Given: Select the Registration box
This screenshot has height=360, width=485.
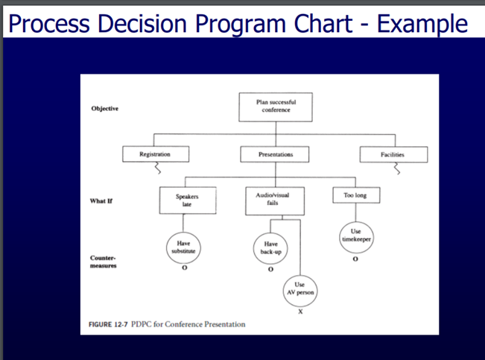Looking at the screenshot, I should click(x=155, y=154).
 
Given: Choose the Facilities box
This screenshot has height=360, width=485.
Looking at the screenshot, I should click(x=393, y=154).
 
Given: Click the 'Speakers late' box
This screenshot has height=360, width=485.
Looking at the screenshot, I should click(x=188, y=199).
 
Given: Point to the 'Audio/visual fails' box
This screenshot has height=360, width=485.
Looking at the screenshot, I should click(x=270, y=199).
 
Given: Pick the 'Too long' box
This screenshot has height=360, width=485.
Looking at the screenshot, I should click(x=355, y=195).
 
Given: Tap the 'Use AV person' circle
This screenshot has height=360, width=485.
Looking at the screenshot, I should click(x=299, y=288).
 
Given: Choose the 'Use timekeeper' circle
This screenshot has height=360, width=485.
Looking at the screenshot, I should click(x=355, y=236).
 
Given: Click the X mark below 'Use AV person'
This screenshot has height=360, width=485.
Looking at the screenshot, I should click(x=299, y=311).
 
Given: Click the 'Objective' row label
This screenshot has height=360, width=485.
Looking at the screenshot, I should click(x=105, y=108).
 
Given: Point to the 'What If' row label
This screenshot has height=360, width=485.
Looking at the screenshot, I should click(x=103, y=200).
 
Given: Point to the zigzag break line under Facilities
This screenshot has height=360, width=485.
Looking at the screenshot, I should click(x=396, y=169).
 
